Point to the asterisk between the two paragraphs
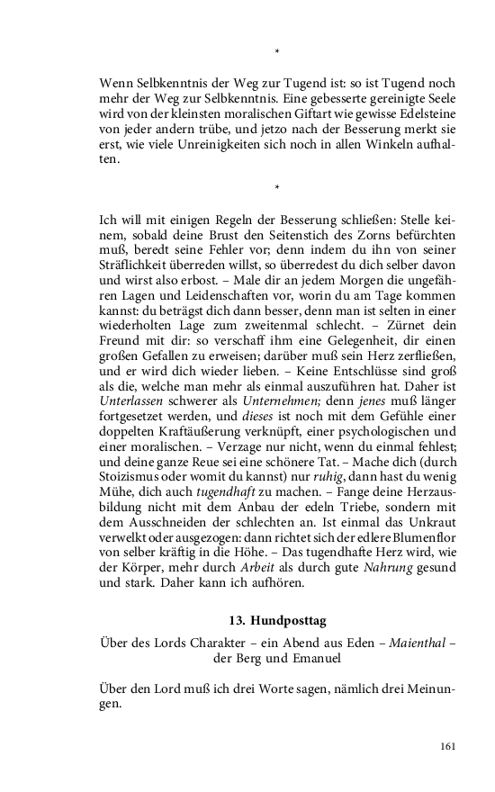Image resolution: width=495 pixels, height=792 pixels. [277, 188]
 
